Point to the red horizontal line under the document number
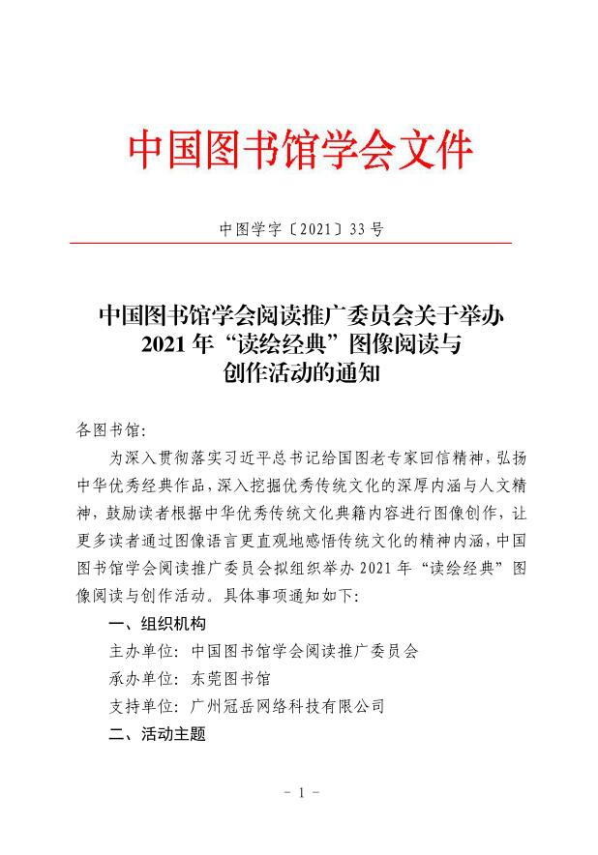300,243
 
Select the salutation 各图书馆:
109,427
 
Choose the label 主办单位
140,651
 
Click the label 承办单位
140,679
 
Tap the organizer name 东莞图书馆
231,679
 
